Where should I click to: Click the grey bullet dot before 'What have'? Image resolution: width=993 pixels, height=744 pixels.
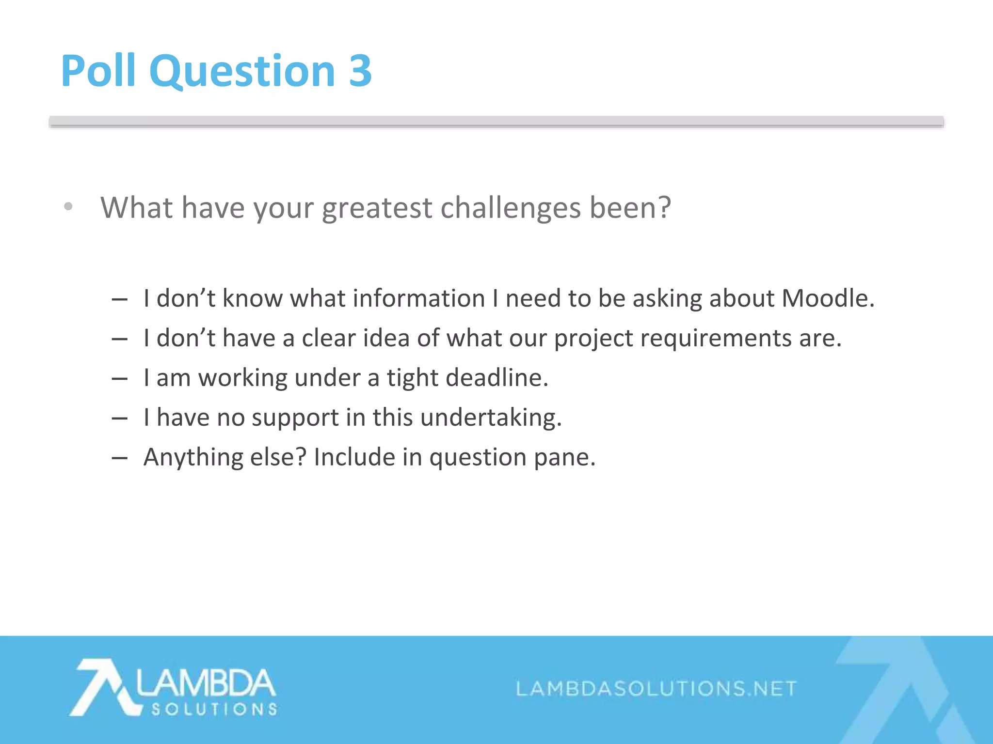coord(68,207)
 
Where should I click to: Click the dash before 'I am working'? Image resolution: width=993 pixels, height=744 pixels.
coord(119,378)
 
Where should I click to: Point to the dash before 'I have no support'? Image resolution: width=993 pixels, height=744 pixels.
coord(119,418)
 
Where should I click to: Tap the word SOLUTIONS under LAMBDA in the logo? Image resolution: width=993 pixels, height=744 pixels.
coord(214,710)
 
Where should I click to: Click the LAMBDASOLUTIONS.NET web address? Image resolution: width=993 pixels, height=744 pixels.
coord(656,688)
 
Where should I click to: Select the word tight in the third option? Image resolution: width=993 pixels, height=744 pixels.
coord(412,378)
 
